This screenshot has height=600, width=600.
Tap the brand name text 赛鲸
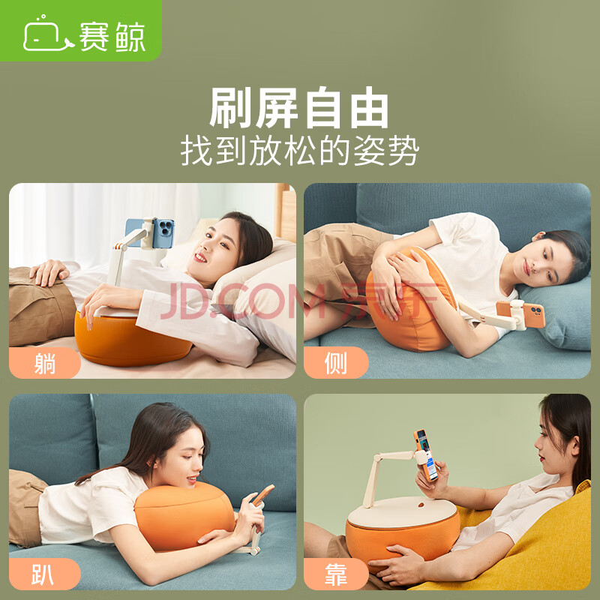(x=112, y=37)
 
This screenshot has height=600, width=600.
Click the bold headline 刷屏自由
(x=298, y=107)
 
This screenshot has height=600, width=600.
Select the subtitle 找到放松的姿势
(x=299, y=151)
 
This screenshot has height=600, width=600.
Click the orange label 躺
(x=45, y=363)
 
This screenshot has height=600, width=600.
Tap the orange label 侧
(x=336, y=363)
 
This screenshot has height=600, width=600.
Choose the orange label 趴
(x=43, y=574)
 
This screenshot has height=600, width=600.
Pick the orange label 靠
(x=336, y=574)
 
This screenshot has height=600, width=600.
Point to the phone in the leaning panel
(x=426, y=455)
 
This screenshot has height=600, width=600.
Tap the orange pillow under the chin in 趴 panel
(x=184, y=516)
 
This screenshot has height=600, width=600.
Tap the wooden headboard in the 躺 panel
(x=285, y=211)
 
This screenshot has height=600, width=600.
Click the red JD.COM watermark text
(x=299, y=301)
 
